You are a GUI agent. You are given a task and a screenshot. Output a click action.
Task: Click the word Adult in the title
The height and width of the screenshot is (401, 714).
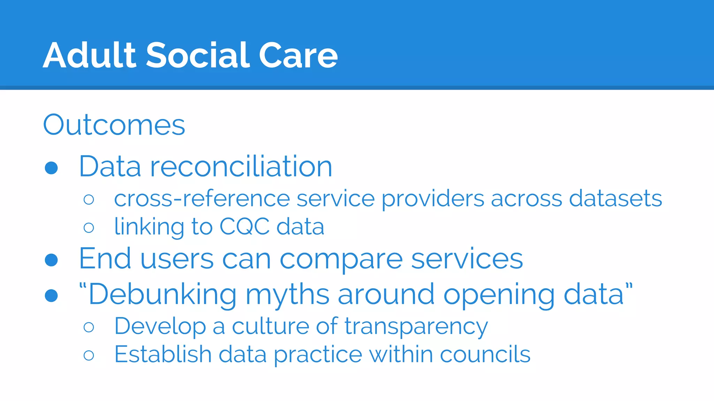point(89,55)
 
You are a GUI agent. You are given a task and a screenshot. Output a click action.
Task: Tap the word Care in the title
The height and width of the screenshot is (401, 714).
point(298,55)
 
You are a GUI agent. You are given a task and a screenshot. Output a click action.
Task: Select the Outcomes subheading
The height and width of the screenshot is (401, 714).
point(114,125)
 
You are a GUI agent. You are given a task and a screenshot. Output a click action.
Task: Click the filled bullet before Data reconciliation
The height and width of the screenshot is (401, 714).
point(51,168)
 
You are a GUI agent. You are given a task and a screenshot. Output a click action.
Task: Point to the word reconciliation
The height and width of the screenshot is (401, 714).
point(241,167)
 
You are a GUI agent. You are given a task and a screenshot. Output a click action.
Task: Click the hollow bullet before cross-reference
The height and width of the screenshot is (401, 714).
point(89,199)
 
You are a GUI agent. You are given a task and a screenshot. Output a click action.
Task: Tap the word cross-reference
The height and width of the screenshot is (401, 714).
point(202,199)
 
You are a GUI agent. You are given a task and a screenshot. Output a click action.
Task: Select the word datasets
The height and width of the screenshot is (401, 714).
point(615,199)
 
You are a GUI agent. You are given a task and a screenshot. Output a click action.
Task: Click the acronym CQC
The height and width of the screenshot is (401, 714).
point(244,227)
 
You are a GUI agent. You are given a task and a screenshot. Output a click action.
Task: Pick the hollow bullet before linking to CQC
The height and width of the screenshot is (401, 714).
point(89,228)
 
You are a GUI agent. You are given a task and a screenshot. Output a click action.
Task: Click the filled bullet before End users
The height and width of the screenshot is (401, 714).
point(51,260)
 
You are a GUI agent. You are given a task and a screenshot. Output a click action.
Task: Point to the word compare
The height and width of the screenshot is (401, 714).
point(341,260)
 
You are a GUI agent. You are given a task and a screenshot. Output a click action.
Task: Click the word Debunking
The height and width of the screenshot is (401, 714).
point(162,295)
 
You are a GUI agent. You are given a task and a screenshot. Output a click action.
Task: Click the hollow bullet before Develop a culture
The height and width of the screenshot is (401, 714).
point(89,327)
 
